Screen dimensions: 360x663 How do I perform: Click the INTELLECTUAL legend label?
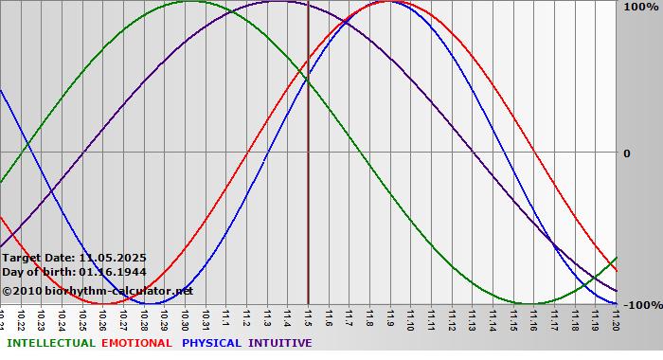51,343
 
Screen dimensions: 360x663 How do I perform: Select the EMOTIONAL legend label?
136,343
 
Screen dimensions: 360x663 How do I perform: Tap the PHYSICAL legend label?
211,343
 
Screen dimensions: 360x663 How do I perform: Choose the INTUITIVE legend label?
280,343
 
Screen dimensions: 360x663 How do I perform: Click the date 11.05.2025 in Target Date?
113,257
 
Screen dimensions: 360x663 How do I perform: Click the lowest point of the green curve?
529,304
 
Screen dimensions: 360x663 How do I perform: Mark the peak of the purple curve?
277,1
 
